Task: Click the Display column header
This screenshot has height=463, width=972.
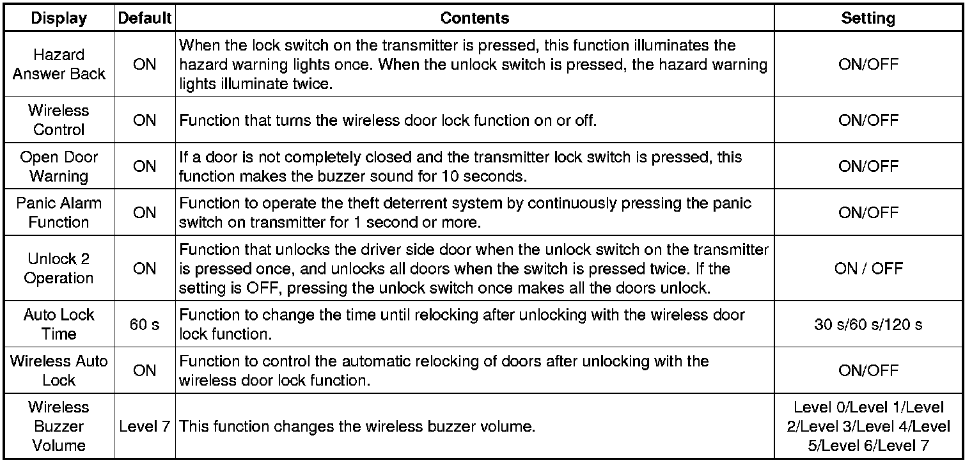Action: click(x=59, y=18)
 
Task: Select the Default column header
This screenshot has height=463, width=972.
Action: click(x=145, y=18)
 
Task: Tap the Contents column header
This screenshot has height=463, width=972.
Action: click(x=474, y=18)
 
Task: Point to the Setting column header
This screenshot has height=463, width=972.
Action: click(x=868, y=18)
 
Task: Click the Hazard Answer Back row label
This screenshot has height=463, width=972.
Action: click(x=59, y=65)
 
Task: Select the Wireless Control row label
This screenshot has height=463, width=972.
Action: click(x=59, y=120)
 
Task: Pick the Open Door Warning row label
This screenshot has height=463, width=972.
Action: click(x=59, y=166)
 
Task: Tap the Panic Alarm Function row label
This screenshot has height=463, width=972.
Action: click(x=59, y=212)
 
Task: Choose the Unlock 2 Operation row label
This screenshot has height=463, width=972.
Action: click(x=59, y=269)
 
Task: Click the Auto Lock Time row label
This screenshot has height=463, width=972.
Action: click(x=59, y=324)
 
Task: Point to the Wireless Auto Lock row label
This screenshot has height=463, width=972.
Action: click(x=59, y=370)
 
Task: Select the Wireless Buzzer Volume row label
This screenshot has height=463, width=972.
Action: click(x=59, y=426)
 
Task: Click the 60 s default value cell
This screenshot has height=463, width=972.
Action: click(x=145, y=324)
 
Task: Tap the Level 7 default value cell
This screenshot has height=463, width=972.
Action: click(x=145, y=426)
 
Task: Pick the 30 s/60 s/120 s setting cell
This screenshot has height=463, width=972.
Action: click(x=868, y=324)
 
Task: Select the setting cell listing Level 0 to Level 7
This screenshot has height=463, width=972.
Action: click(x=868, y=426)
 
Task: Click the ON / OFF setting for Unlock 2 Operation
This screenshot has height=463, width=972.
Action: click(x=868, y=269)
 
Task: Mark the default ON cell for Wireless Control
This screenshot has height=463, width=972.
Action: click(x=145, y=120)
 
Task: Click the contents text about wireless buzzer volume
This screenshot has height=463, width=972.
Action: click(x=357, y=426)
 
